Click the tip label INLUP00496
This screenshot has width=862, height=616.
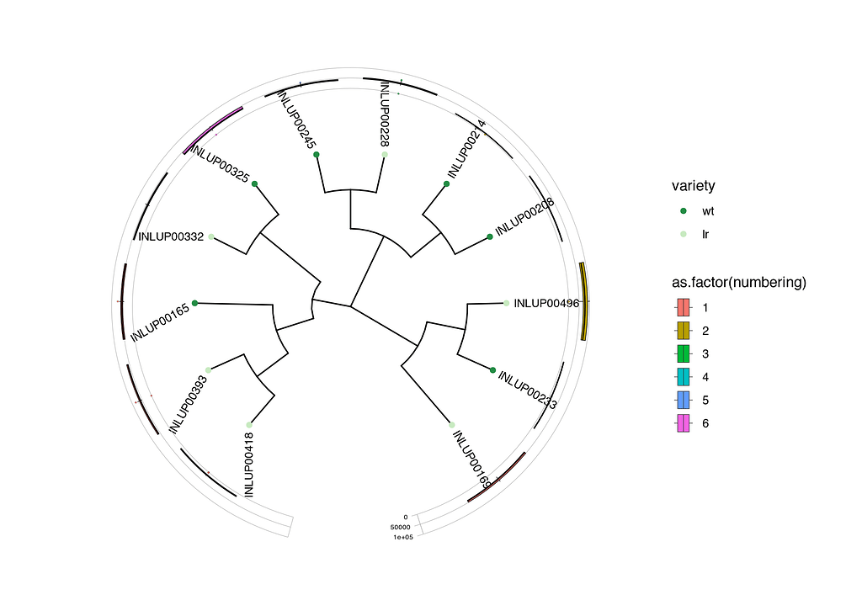point(546,303)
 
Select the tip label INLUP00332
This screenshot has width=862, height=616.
point(171,236)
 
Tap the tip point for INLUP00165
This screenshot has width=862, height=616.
point(194,303)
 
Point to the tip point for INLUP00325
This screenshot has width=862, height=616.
point(254,183)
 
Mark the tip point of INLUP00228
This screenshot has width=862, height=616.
point(385,155)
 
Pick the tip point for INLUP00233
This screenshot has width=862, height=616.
point(492,369)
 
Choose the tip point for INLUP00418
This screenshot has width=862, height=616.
point(248,425)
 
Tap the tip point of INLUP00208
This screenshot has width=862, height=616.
point(490,237)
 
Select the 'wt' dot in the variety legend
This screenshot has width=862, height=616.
point(684,210)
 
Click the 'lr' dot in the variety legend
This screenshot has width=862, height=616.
point(684,233)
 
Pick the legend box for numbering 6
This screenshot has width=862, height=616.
point(684,423)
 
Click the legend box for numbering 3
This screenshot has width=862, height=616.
point(684,353)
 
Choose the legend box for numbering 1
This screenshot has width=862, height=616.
point(684,308)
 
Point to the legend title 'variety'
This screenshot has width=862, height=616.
point(694,186)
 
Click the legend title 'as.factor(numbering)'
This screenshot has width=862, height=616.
point(739,284)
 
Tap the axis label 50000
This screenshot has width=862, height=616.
point(400,527)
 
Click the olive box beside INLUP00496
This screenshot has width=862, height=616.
point(583,301)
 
